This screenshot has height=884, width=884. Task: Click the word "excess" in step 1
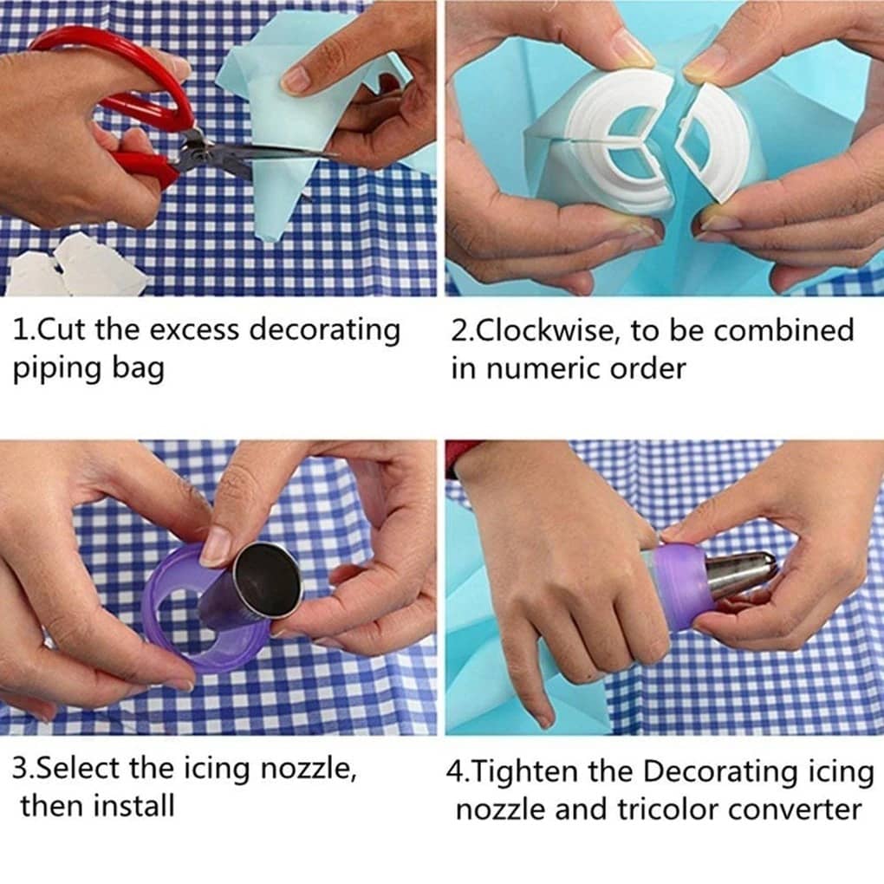[x=195, y=330]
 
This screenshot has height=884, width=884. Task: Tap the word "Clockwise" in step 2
[x=541, y=330]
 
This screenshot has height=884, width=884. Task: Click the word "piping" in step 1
[x=55, y=370]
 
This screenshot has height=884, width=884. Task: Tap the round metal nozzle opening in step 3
[x=267, y=581]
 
